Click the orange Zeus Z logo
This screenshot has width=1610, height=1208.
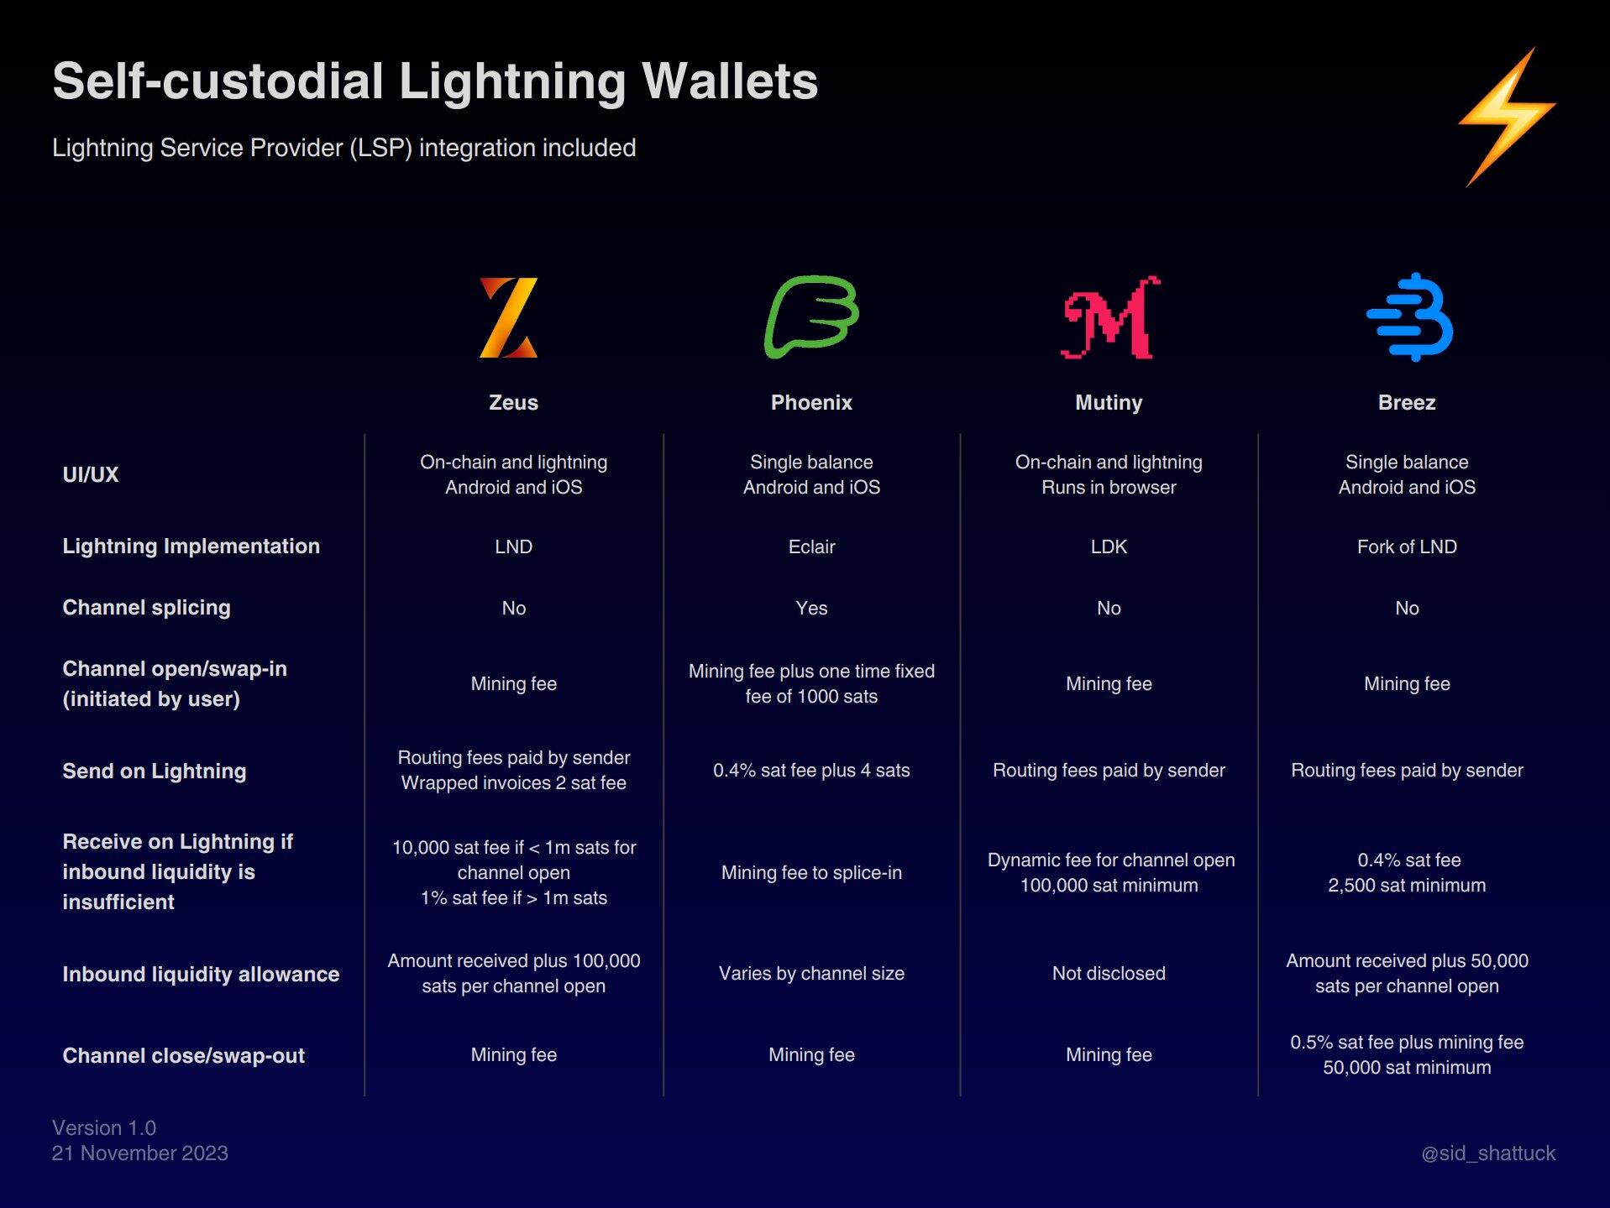pyautogui.click(x=509, y=317)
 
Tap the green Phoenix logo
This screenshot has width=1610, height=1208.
pyautogui.click(x=811, y=316)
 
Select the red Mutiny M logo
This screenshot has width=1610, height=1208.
pyautogui.click(x=1110, y=317)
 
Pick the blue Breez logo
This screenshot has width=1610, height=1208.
pyautogui.click(x=1409, y=317)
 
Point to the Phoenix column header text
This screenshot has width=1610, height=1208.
pyautogui.click(x=811, y=403)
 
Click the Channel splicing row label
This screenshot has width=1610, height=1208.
pyautogui.click(x=146, y=608)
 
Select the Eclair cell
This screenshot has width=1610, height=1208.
pyautogui.click(x=811, y=547)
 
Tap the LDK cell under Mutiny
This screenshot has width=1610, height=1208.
pyautogui.click(x=1109, y=547)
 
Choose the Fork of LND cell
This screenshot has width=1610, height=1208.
pyautogui.click(x=1407, y=547)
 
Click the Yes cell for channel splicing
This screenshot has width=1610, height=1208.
pyautogui.click(x=811, y=609)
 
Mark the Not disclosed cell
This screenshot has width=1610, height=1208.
pyautogui.click(x=1109, y=974)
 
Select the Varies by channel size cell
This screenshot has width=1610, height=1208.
pyautogui.click(x=811, y=974)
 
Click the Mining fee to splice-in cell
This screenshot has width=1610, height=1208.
pyautogui.click(x=811, y=873)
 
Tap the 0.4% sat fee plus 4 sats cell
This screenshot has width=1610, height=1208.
pyautogui.click(x=811, y=771)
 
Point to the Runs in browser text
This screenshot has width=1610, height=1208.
pyautogui.click(x=1109, y=488)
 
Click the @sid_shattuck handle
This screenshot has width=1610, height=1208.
pyautogui.click(x=1488, y=1153)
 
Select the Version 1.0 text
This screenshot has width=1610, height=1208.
pyautogui.click(x=104, y=1128)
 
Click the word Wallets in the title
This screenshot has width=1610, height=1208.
pyautogui.click(x=730, y=81)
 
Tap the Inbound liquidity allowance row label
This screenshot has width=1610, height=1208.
pyautogui.click(x=201, y=975)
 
